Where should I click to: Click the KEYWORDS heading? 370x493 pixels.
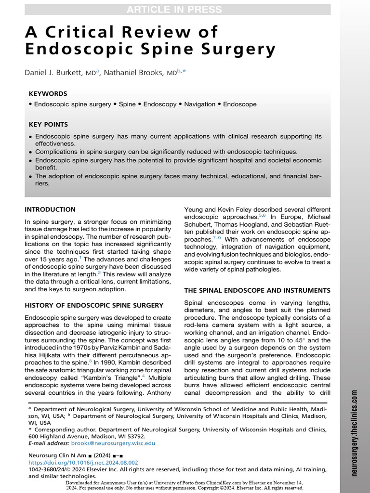coord(48,93)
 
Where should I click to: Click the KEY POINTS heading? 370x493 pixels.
coord(48,124)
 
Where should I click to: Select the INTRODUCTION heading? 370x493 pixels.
coord(50,209)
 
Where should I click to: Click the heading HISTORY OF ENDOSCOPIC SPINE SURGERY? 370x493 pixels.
coord(94,305)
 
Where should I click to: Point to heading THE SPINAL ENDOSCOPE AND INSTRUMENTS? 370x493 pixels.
coord(257,290)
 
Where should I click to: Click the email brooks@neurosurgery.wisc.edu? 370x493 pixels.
coord(113,443)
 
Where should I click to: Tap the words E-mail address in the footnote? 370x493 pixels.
coord(49,443)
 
